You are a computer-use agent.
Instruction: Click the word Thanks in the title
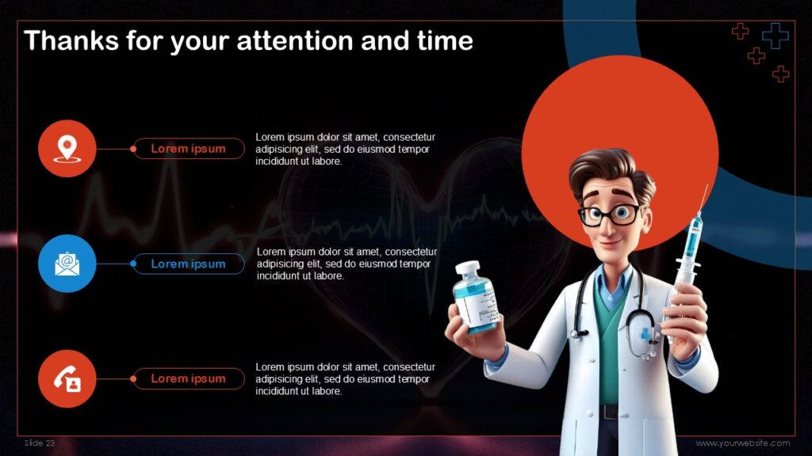pyautogui.click(x=71, y=40)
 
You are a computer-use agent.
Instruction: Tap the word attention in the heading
pyautogui.click(x=306, y=40)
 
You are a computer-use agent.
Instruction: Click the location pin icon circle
pyautogui.click(x=67, y=148)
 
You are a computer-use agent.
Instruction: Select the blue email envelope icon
pyautogui.click(x=67, y=264)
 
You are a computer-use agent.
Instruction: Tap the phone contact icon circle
pyautogui.click(x=67, y=378)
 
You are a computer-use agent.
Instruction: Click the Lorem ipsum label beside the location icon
pyautogui.click(x=188, y=148)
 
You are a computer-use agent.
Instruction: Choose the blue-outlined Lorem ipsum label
pyautogui.click(x=188, y=264)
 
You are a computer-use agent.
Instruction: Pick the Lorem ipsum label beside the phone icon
pyautogui.click(x=188, y=378)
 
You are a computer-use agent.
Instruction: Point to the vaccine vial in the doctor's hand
pyautogui.click(x=476, y=297)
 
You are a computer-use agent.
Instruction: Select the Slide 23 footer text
pyautogui.click(x=40, y=443)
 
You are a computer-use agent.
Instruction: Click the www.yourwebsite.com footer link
pyautogui.click(x=743, y=443)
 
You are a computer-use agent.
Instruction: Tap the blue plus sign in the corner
pyautogui.click(x=775, y=35)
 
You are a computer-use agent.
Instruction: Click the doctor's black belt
pyautogui.click(x=609, y=412)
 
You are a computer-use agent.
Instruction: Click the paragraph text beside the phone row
pyautogui.click(x=345, y=378)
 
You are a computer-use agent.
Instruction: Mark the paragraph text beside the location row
pyautogui.click(x=345, y=148)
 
